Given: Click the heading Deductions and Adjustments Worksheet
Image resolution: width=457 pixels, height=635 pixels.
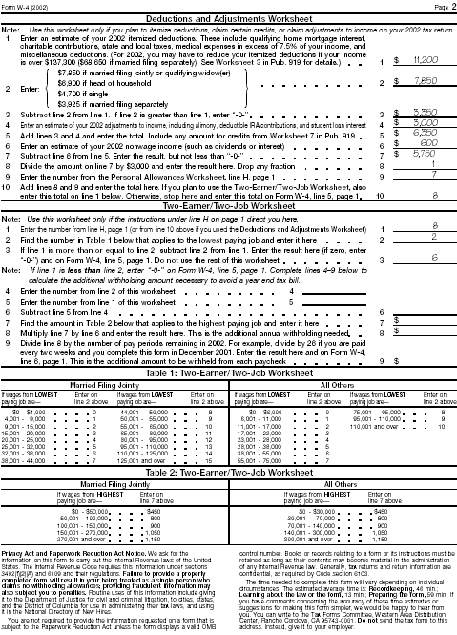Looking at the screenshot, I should pos(229,17).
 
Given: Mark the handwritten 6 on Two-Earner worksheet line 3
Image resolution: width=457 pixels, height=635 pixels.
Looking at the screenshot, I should pos(434,258).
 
